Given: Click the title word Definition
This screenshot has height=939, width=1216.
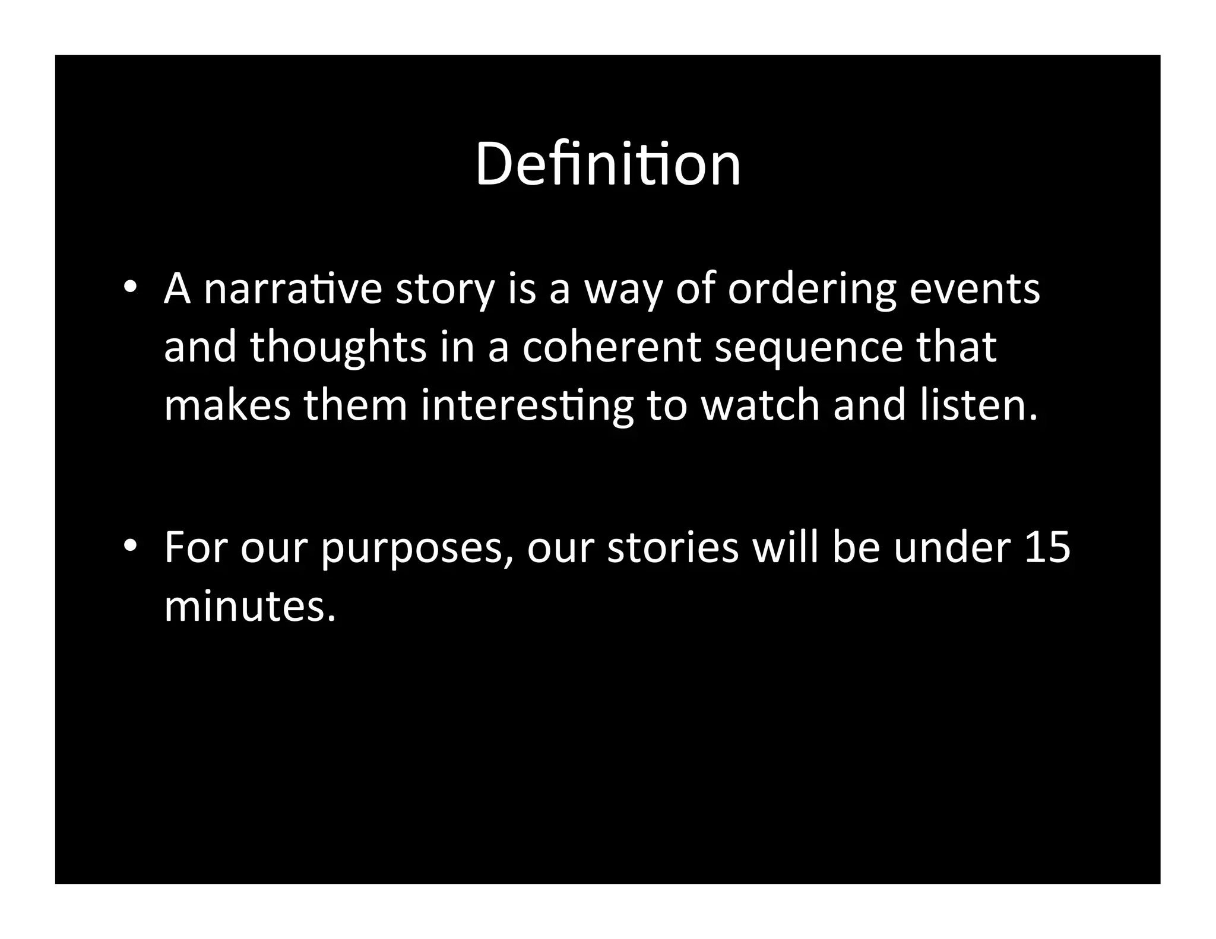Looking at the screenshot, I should pyautogui.click(x=607, y=164).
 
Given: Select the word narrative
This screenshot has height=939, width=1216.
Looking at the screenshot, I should pyautogui.click(x=292, y=289).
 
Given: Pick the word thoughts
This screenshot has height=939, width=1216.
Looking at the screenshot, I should pyautogui.click(x=338, y=348).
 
